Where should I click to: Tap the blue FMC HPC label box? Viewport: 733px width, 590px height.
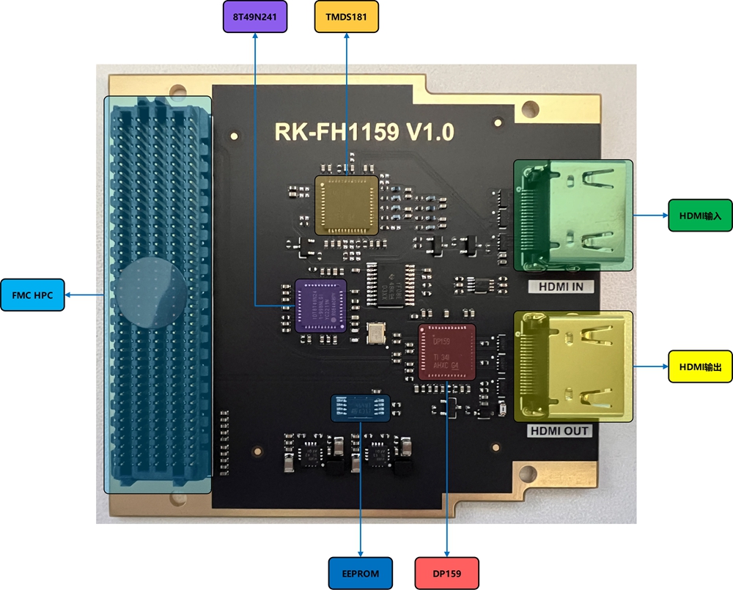tap(32, 295)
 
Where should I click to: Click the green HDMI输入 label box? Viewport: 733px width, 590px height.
tap(701, 215)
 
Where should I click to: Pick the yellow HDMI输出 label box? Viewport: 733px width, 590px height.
tap(701, 366)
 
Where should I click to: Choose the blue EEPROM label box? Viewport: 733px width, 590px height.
tap(361, 573)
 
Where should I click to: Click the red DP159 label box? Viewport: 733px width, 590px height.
tap(447, 573)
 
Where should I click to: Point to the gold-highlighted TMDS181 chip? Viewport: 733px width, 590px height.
tap(347, 204)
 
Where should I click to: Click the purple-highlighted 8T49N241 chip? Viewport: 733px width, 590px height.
tap(320, 306)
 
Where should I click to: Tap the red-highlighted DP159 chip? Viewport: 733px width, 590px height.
tap(447, 352)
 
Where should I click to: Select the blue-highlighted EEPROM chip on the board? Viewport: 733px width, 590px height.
tap(360, 408)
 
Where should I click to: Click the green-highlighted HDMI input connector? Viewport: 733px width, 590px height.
tap(572, 215)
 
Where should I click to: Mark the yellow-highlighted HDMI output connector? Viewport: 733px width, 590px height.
tap(572, 366)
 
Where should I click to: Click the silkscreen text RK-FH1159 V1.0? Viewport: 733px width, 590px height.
tap(364, 132)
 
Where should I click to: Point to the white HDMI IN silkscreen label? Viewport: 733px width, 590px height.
tap(561, 286)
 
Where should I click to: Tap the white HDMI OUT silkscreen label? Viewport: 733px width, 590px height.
tap(560, 431)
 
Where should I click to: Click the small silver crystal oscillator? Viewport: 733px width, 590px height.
tap(376, 333)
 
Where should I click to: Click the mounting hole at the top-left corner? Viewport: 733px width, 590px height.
tap(177, 92)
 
